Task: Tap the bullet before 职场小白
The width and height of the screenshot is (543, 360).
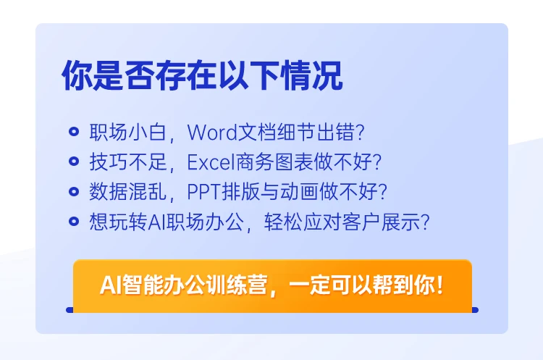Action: pos(73,133)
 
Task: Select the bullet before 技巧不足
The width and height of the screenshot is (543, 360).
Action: pos(73,162)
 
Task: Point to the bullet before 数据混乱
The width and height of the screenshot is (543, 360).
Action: pos(73,192)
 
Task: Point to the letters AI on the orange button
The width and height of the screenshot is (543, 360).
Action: pos(109,285)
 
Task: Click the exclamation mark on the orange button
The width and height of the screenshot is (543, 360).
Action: pos(439,285)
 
